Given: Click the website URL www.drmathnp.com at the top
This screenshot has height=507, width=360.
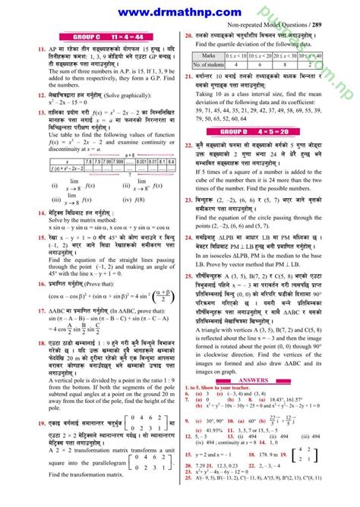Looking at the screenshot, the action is (x=180, y=11).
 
